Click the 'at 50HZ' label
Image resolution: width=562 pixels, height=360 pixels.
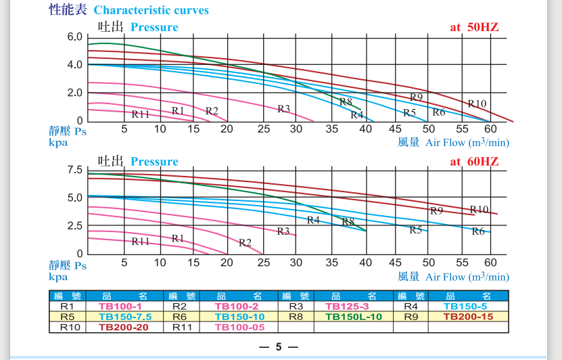point(474,27)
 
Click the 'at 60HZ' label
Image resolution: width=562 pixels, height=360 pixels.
point(474,161)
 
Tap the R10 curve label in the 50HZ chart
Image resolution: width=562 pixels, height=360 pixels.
point(477,104)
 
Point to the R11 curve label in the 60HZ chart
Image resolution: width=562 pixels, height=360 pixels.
point(140,241)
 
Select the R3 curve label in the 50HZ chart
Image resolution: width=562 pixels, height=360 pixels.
point(283,109)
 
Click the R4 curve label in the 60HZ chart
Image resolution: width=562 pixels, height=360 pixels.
point(313,220)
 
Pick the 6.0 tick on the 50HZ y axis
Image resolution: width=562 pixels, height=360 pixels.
point(74,37)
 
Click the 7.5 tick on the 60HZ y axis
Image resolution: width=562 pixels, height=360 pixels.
point(74,170)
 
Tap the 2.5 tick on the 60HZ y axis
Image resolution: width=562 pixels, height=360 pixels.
point(74,225)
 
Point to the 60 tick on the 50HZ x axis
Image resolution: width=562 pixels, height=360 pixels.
point(490,129)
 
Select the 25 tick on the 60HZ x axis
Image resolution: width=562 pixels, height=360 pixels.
point(263,263)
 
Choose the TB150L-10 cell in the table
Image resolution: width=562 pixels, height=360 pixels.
point(354,316)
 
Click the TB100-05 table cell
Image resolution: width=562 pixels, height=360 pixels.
point(239,327)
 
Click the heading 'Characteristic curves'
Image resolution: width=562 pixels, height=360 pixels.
point(151,10)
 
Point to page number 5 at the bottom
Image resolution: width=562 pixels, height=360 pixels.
point(279,347)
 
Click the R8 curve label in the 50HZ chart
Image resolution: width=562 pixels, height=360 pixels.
point(346,102)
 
